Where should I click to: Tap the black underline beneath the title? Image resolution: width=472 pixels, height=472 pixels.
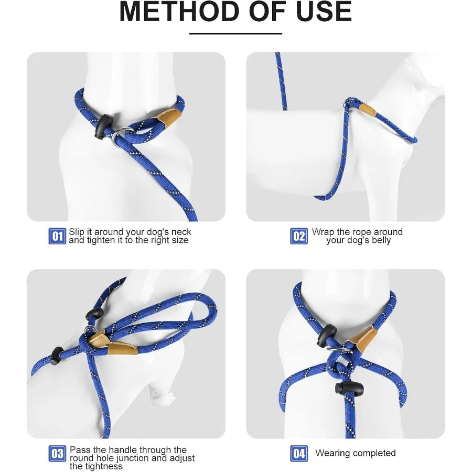point(235,34)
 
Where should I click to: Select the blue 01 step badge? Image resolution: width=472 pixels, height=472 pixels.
point(57,236)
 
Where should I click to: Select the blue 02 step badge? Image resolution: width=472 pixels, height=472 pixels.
point(299,236)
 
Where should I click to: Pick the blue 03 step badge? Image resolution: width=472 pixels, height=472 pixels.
point(57,453)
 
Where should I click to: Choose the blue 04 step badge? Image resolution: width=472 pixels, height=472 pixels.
point(299,453)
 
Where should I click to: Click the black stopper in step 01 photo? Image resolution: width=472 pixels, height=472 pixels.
point(103,126)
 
